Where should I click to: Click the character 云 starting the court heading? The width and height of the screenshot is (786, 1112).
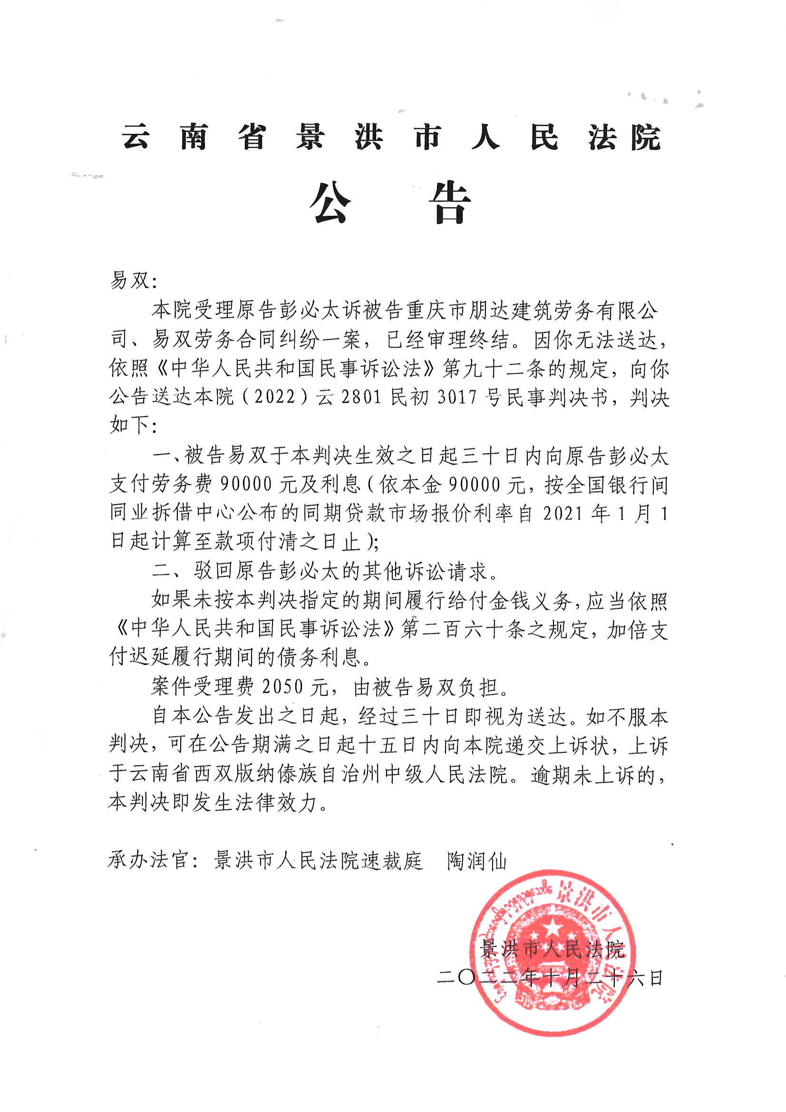(x=135, y=137)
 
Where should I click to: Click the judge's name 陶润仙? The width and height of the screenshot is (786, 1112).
(x=476, y=861)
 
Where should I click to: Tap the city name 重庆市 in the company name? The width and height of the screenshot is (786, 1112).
(x=436, y=311)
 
